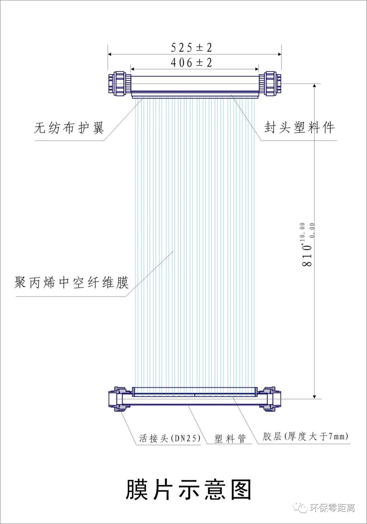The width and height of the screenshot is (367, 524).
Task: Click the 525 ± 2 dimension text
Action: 191,48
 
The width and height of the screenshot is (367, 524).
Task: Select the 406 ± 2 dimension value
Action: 191,63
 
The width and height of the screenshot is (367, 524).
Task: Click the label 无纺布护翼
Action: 69,128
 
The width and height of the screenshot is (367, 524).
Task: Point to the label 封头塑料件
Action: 299,127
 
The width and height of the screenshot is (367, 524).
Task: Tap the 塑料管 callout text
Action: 230,438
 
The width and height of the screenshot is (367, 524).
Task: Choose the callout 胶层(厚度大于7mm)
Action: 305,436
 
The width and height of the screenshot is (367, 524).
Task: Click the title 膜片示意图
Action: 189,490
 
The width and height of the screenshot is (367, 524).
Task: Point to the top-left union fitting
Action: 119,84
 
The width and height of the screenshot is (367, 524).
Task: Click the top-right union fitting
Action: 270,84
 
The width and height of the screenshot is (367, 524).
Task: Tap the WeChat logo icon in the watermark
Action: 301,507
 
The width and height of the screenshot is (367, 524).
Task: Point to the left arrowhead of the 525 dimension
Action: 110,54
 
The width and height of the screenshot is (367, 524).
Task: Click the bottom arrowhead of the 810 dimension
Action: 315,397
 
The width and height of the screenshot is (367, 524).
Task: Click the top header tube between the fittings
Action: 195,84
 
